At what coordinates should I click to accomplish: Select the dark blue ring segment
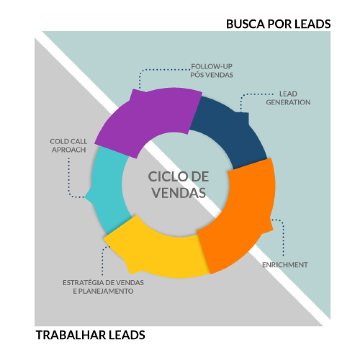coord(228,130)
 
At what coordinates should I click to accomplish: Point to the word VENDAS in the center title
coord(179,192)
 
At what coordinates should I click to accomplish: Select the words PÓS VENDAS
coord(212,75)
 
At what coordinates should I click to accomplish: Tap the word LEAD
coord(288,94)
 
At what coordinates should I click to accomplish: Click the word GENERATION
coord(288,102)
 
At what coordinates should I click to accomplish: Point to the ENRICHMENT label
coord(285,265)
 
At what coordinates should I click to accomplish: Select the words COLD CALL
coord(68,141)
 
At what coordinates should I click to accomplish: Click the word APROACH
coord(68,150)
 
